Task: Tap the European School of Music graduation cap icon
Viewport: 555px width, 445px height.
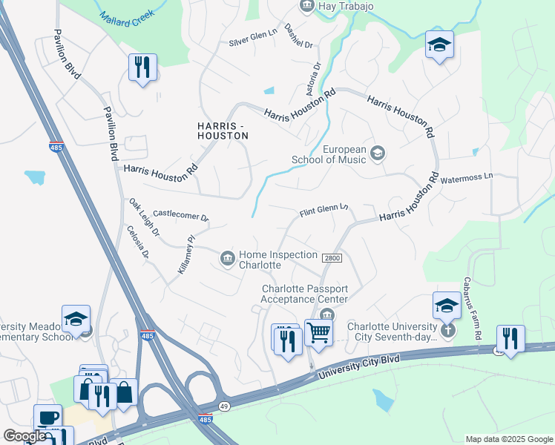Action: (378, 154)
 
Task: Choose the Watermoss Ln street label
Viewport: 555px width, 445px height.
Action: (467, 178)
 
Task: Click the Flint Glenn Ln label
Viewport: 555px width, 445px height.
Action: (324, 212)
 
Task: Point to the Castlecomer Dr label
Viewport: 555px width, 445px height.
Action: (180, 217)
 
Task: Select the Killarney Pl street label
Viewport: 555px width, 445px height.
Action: (185, 255)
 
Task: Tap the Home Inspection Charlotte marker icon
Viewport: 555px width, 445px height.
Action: (227, 258)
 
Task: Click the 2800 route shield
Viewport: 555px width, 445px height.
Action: (331, 257)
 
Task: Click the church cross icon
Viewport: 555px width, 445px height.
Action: (447, 330)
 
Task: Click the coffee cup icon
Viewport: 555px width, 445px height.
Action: (47, 418)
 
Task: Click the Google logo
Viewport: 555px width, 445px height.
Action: (24, 437)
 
